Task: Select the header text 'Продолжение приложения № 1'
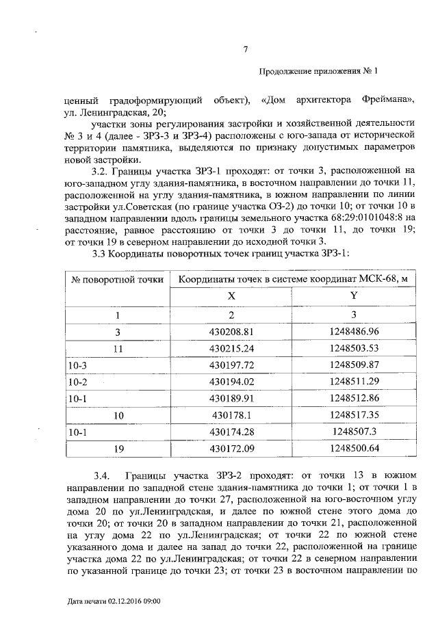click(318, 72)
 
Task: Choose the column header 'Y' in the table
click(354, 297)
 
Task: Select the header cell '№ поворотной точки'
click(118, 279)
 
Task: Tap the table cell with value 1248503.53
click(354, 348)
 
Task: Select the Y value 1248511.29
click(354, 381)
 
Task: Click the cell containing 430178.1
click(231, 414)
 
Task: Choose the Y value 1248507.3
click(354, 431)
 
